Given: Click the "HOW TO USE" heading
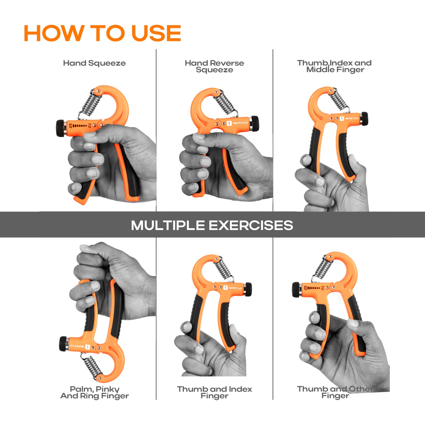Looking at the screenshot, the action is [102, 33].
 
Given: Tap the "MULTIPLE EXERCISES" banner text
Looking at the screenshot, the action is [212, 225].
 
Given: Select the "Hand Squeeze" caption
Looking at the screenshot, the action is [94, 63].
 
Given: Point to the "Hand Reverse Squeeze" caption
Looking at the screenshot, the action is [214, 66].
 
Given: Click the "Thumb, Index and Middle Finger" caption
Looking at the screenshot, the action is [334, 66].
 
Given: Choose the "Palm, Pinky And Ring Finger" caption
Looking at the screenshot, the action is [95, 392].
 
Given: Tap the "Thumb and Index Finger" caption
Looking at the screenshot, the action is [214, 392].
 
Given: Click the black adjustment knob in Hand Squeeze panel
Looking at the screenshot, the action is [60, 128].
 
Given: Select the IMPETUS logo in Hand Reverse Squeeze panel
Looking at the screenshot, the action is [237, 123].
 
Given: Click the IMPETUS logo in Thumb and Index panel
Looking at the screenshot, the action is [233, 288].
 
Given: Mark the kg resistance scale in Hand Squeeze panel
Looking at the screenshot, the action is [80, 126].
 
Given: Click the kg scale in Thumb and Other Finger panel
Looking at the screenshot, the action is [314, 288].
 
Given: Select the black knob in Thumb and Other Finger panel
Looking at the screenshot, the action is [296, 290].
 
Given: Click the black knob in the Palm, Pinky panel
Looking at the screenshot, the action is [63, 344].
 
